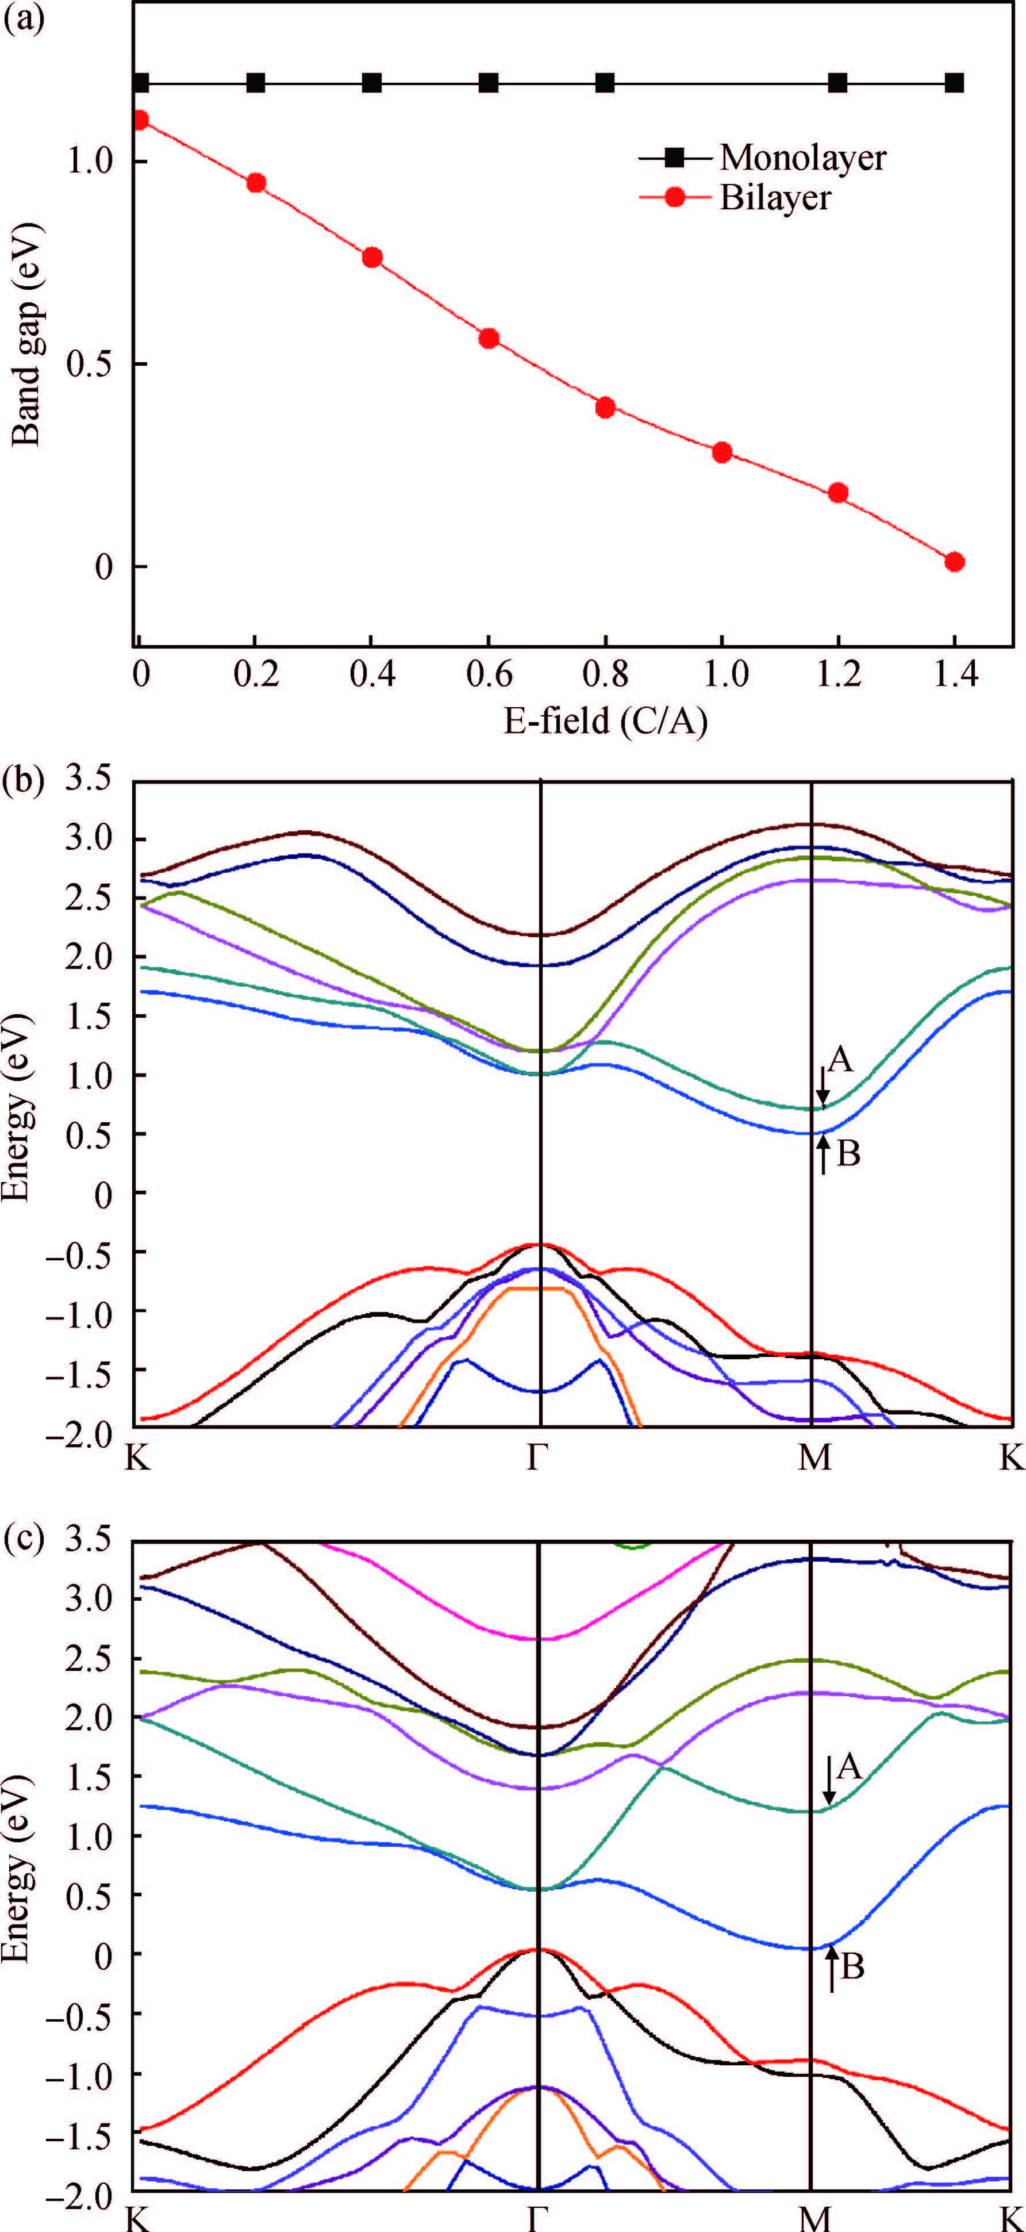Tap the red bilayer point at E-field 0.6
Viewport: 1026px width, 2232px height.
(x=489, y=338)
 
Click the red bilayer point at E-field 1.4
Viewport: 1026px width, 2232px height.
(x=955, y=562)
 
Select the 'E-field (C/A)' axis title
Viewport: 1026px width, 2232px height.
(x=606, y=719)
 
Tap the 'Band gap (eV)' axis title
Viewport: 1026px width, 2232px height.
(x=28, y=333)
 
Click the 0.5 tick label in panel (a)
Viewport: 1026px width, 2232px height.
(x=93, y=364)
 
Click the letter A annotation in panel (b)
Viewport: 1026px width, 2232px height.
(x=840, y=1059)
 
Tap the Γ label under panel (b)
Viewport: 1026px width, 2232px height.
(x=538, y=1458)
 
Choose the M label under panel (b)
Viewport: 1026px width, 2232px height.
(x=814, y=1458)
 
